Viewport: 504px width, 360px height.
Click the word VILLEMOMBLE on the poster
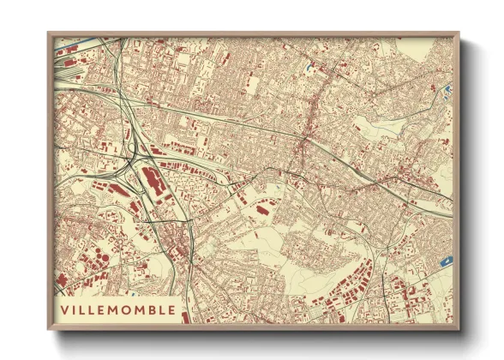click(x=117, y=309)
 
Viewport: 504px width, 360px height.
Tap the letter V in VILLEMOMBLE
click(x=65, y=309)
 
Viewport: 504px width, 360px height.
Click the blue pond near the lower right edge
click(x=445, y=261)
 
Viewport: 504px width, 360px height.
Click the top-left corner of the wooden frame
click(x=49, y=34)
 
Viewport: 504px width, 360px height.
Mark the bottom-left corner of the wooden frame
click(x=49, y=329)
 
